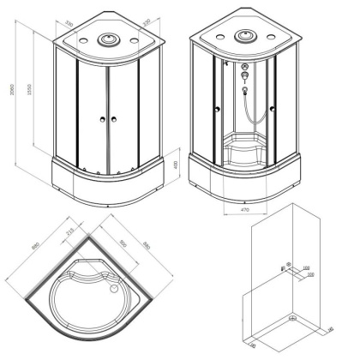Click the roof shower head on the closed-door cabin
coord(108,38)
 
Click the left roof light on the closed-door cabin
coord(83,40)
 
